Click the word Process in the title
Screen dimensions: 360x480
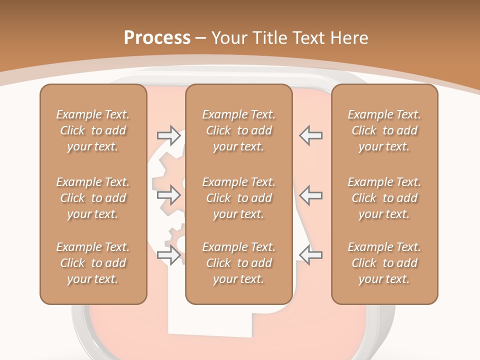[157, 38]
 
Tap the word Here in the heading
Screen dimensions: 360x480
[349, 38]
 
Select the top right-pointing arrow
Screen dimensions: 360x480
[168, 134]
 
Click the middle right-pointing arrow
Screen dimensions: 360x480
[168, 195]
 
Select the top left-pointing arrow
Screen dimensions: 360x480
[311, 135]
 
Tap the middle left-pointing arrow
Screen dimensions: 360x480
[311, 195]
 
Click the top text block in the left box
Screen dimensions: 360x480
[93, 130]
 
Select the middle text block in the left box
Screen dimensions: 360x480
[93, 198]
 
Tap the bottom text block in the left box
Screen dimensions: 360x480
[93, 263]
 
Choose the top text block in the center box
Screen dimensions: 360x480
[239, 130]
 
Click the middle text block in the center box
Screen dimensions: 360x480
[239, 198]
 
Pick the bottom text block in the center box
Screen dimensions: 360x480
[239, 263]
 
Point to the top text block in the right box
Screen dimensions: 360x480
[384, 130]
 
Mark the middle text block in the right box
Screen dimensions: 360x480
[384, 198]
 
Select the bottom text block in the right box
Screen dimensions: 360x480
[384, 263]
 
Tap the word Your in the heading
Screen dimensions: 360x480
[228, 38]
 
